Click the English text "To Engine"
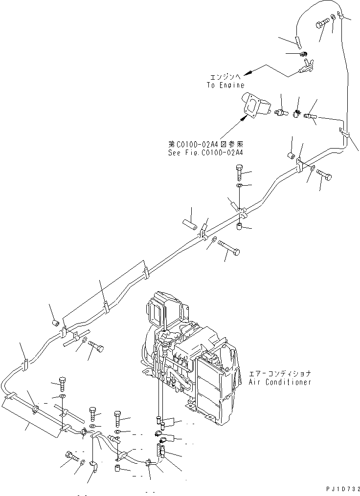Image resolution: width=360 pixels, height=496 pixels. (225, 85)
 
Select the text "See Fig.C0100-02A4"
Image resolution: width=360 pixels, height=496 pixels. (205, 152)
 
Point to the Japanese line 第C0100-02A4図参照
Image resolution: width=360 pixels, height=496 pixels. (205, 145)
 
